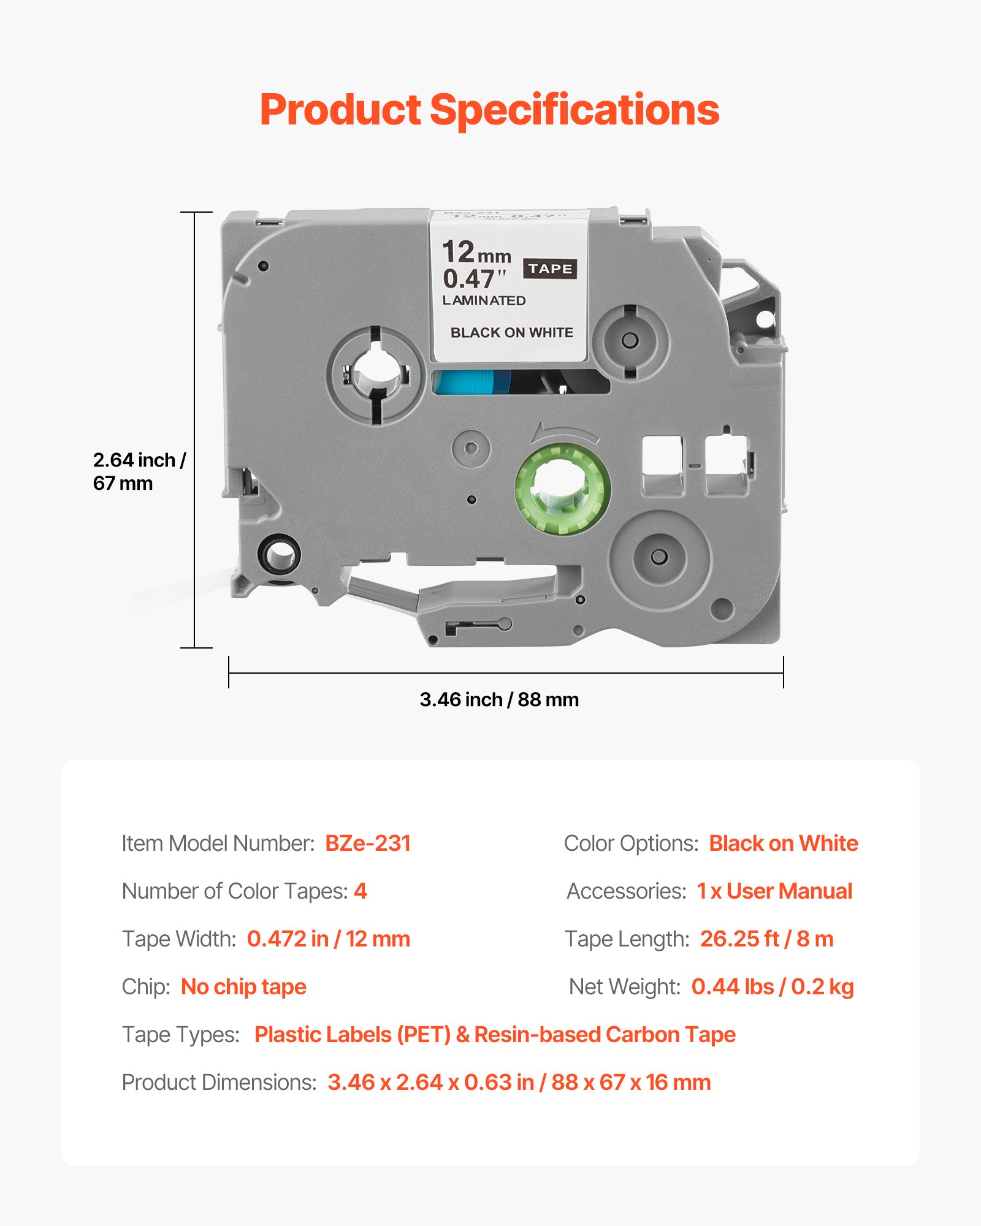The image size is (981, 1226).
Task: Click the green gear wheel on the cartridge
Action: (x=562, y=489)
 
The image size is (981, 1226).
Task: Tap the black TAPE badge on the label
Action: (x=549, y=268)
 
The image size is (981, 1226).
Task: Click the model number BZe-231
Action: (x=367, y=843)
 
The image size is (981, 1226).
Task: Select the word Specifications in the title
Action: (x=574, y=110)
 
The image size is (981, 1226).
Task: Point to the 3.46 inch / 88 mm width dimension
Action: (x=499, y=699)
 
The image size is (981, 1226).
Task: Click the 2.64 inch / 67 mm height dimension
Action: (x=139, y=471)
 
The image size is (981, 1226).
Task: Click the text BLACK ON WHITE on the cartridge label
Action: (x=512, y=333)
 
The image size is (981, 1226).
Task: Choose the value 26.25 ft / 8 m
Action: (x=766, y=939)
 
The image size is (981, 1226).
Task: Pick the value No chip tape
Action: (x=243, y=987)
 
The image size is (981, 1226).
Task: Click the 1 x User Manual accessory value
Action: (x=774, y=891)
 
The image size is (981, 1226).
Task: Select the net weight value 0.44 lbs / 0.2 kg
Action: (x=772, y=987)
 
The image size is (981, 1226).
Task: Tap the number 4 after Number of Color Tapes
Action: (x=361, y=891)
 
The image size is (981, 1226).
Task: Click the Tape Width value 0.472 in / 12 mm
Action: (x=328, y=939)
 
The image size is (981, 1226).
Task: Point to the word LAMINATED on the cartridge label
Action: (x=484, y=301)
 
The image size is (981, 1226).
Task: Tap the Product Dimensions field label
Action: (x=219, y=1083)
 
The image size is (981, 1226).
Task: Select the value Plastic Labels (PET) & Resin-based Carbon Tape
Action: (x=495, y=1035)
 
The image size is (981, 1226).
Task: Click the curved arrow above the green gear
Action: (x=564, y=432)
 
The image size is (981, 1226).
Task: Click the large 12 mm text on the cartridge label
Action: (x=476, y=252)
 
